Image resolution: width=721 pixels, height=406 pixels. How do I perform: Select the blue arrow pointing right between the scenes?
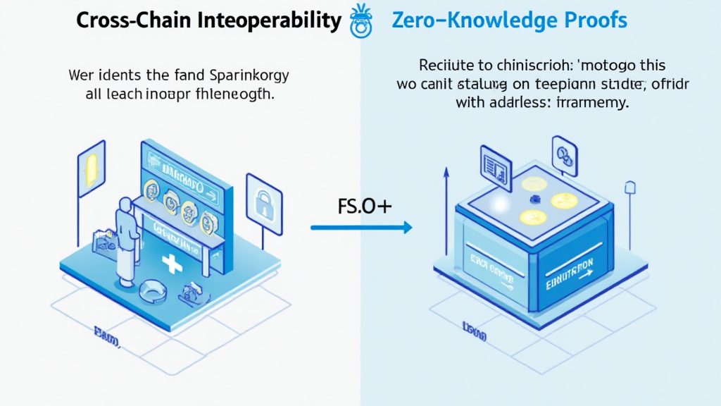(361, 227)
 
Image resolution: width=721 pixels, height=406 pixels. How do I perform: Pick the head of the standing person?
(126, 205)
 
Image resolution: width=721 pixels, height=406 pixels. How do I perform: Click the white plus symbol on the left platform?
(171, 265)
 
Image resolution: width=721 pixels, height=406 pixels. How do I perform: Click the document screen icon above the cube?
(494, 166)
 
